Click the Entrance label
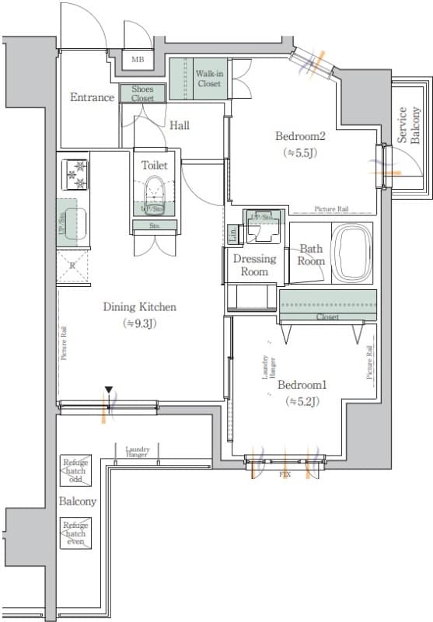93,97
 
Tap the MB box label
137,60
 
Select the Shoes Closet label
143,94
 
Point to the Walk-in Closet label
208,78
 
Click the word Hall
179,124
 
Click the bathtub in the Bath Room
353,254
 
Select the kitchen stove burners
78,173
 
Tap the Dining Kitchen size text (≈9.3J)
140,323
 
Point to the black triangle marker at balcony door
110,390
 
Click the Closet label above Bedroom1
326,317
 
